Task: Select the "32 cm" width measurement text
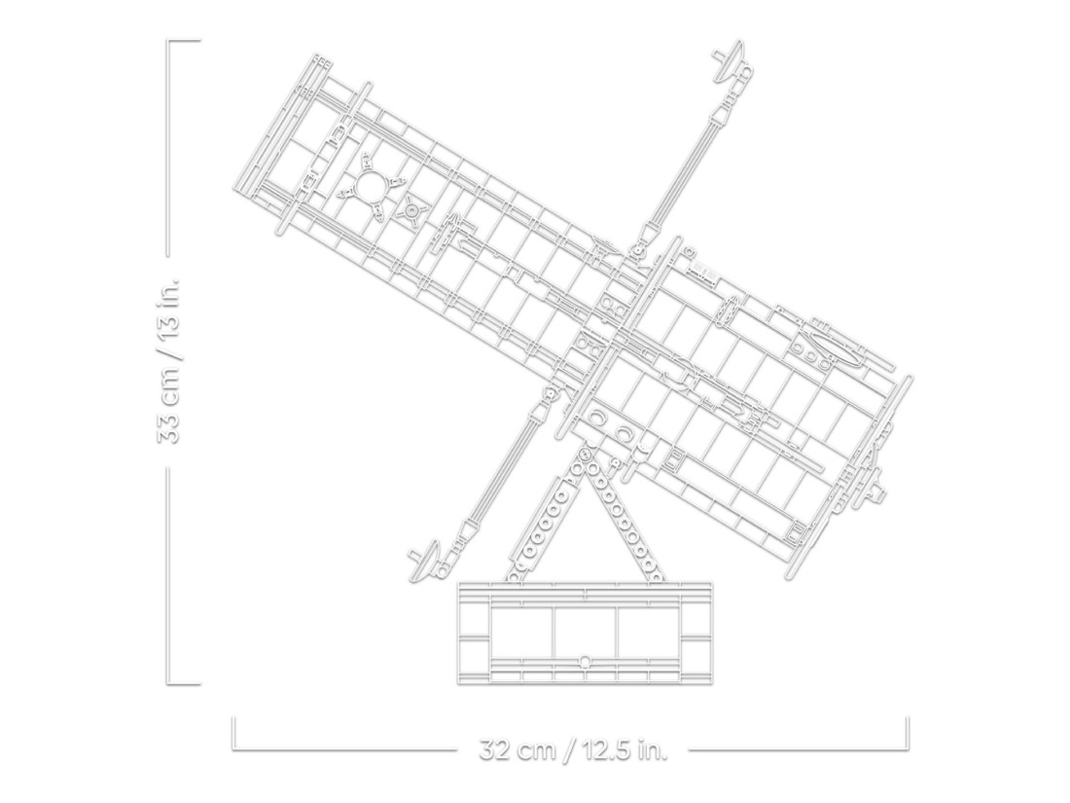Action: coord(518,750)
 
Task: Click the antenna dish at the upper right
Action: coord(731,58)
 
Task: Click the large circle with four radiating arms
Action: coord(373,186)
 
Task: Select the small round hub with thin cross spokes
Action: coord(412,211)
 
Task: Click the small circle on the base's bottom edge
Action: coord(585,661)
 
